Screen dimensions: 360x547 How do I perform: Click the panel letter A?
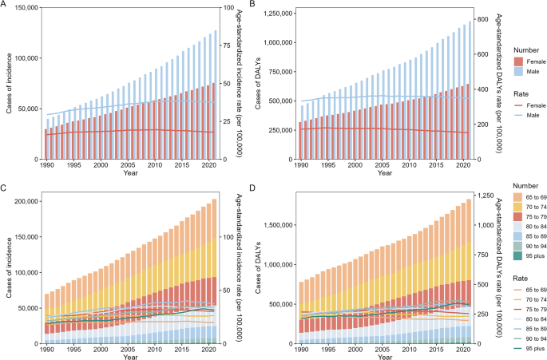click(x=6, y=6)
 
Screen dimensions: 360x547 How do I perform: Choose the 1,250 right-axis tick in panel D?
click(x=483, y=195)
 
